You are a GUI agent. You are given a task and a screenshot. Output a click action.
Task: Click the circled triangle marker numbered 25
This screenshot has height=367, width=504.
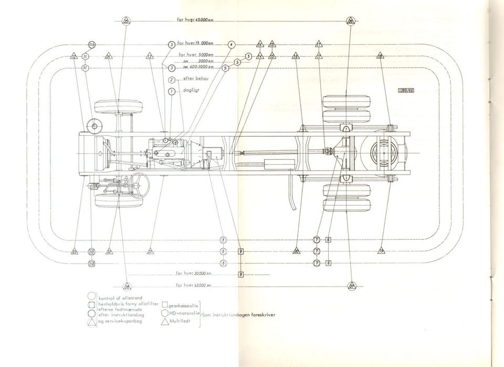point(126,21)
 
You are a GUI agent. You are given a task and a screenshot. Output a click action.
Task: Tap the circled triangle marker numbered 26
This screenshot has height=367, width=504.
point(350,21)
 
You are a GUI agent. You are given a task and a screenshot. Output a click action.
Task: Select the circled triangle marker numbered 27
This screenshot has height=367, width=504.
point(352,286)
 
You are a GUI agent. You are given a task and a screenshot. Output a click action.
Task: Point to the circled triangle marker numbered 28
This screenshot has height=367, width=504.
point(127,286)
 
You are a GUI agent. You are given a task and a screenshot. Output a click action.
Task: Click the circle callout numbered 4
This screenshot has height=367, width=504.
point(231,45)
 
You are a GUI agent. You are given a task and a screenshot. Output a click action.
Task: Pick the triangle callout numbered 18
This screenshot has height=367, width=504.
point(380,56)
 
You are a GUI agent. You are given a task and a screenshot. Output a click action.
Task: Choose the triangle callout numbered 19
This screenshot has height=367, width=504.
point(381,251)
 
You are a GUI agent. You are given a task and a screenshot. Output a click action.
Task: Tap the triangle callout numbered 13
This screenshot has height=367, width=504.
point(150,56)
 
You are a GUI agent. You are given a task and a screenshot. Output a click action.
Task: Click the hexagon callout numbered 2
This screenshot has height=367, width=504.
point(172,80)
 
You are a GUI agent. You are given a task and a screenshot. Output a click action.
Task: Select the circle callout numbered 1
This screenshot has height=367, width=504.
point(171,91)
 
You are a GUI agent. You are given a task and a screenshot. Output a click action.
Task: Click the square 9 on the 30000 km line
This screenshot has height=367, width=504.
point(240,274)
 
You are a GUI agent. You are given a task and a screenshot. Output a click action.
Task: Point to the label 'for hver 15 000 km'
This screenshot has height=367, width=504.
point(195,44)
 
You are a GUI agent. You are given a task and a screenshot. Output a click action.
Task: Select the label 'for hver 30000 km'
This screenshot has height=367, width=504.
point(194,273)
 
